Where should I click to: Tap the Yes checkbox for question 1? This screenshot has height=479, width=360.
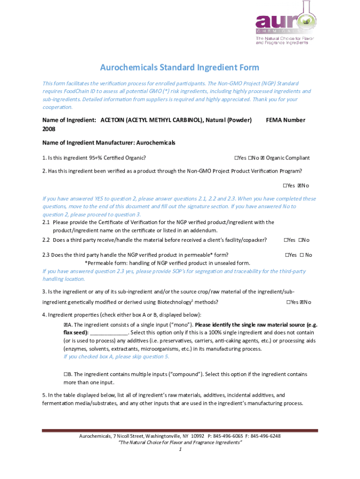[x=236, y=158]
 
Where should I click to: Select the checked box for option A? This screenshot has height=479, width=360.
[x=65, y=325]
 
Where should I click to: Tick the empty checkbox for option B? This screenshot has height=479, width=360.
[x=65, y=374]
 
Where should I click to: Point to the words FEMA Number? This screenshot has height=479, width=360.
[x=285, y=120]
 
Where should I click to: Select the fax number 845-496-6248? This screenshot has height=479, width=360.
[x=266, y=436]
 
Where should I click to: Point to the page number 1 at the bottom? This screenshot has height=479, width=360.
[x=180, y=450]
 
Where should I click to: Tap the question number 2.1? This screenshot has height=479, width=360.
[x=46, y=222]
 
